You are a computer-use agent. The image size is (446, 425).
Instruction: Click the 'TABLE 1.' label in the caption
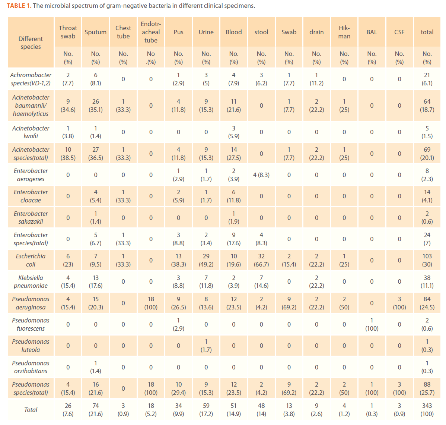pyautogui.click(x=19, y=6)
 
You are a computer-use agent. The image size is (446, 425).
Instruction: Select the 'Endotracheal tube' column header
pyautogui.click(x=151, y=32)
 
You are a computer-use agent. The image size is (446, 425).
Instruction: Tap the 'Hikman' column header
pyautogui.click(x=344, y=32)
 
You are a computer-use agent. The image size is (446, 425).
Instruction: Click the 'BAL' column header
pyautogui.click(x=372, y=32)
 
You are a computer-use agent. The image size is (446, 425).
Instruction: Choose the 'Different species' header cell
pyautogui.click(x=31, y=43)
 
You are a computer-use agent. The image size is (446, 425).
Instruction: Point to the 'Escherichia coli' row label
pyautogui.click(x=31, y=260)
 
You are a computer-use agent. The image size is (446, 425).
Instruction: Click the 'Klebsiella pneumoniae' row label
pyautogui.click(x=31, y=282)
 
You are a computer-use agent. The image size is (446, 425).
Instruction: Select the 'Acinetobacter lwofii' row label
pyautogui.click(x=31, y=132)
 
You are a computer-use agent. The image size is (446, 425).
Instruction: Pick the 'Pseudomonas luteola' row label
pyautogui.click(x=31, y=346)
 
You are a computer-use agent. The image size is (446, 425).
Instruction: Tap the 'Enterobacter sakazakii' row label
pyautogui.click(x=31, y=218)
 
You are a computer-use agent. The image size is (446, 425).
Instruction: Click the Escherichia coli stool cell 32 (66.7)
pyautogui.click(x=261, y=260)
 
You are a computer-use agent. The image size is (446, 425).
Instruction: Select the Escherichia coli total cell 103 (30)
pyautogui.click(x=427, y=260)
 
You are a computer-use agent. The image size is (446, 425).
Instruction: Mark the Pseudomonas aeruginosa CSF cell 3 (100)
pyautogui.click(x=399, y=303)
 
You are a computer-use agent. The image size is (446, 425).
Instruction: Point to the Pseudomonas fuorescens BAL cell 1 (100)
pyautogui.click(x=372, y=324)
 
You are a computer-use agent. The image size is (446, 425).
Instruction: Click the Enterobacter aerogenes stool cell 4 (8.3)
pyautogui.click(x=261, y=175)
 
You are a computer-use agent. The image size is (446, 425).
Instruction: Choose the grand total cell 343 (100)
pyautogui.click(x=427, y=410)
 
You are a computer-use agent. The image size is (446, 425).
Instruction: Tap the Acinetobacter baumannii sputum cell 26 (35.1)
pyautogui.click(x=96, y=106)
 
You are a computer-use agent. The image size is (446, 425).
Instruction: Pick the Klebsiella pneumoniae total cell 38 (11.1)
pyautogui.click(x=427, y=282)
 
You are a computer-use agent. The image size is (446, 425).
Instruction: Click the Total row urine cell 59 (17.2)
pyautogui.click(x=206, y=410)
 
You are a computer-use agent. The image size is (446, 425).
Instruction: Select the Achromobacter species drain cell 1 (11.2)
pyautogui.click(x=316, y=79)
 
